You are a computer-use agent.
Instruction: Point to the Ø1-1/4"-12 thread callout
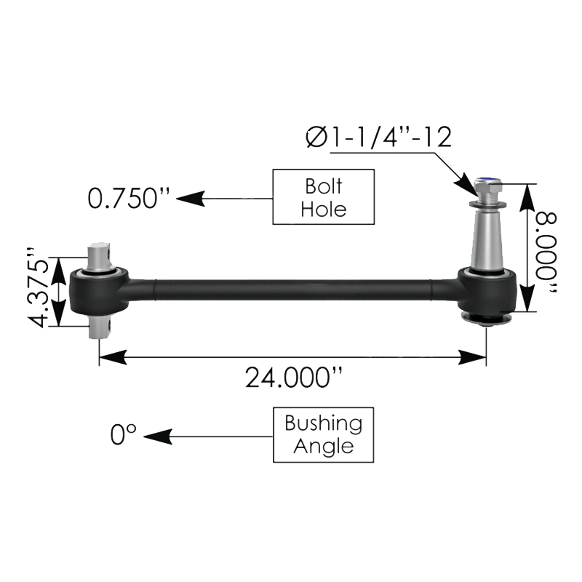point(379,136)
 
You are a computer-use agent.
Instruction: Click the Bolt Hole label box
point(324,196)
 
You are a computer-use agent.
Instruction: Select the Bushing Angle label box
point(323,434)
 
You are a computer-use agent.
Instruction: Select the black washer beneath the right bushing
point(486,319)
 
